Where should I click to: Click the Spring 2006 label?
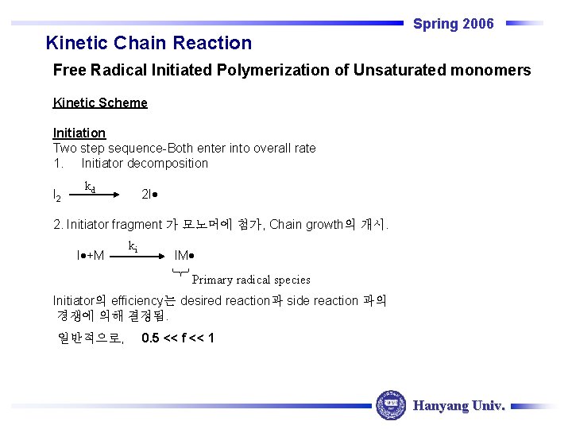coord(453,24)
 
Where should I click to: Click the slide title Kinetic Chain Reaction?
coord(149,43)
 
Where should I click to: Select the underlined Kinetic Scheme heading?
coord(100,102)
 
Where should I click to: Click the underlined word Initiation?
coord(79,133)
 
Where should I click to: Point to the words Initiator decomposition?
coord(145,164)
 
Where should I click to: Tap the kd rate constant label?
coord(90,187)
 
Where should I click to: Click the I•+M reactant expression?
coord(91,255)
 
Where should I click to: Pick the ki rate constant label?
coord(133,247)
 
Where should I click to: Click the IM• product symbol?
coord(184,255)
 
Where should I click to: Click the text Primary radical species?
coord(251,280)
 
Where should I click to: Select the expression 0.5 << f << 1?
coord(177,338)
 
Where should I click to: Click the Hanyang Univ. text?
coord(459,406)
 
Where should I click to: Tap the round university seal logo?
coord(390,405)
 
